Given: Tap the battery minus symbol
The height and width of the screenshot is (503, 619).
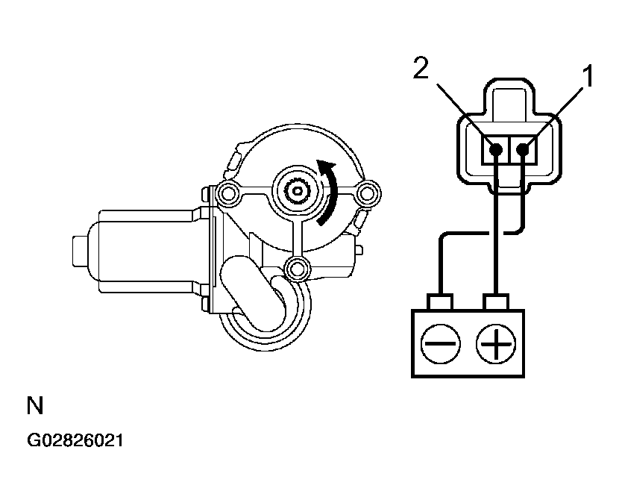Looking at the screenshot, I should (440, 346).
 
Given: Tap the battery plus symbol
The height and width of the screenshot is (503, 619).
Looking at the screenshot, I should (497, 346).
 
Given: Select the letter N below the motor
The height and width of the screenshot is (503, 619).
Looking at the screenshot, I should (35, 407).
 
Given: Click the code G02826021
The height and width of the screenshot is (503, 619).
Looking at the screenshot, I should (75, 441).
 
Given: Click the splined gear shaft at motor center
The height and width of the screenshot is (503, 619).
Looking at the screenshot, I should (298, 192).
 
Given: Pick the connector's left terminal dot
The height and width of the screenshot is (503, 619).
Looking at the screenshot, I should (495, 149).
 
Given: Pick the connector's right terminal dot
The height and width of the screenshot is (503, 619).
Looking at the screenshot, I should (524, 149).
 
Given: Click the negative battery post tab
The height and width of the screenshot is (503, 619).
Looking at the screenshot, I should (440, 302).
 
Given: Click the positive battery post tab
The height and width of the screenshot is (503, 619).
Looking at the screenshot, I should (496, 302).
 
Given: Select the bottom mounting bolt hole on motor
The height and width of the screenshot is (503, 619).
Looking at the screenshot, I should (298, 266).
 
